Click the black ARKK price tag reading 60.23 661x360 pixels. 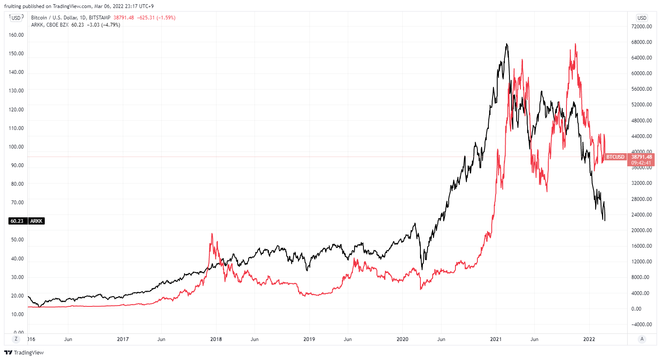tap(17, 221)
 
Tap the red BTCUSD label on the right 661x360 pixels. tap(615, 157)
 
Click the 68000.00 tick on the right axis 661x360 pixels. tap(641, 42)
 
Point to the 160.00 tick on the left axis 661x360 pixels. tap(16, 35)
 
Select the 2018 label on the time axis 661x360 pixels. tap(216, 339)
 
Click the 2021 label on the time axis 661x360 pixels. tap(496, 339)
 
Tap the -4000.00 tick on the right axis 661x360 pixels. tap(641, 325)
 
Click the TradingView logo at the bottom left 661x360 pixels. tap(24, 352)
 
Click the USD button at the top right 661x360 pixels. tap(642, 18)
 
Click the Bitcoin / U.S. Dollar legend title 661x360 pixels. tap(59, 18)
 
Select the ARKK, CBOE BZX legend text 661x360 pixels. tap(50, 25)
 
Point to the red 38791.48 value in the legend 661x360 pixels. tap(124, 18)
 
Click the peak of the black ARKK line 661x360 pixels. tap(507, 44)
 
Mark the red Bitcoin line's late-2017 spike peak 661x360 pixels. tap(212, 233)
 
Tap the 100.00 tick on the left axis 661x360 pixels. tap(16, 147)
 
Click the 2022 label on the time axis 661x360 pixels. tap(589, 339)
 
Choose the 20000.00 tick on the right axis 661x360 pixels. tap(641, 230)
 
